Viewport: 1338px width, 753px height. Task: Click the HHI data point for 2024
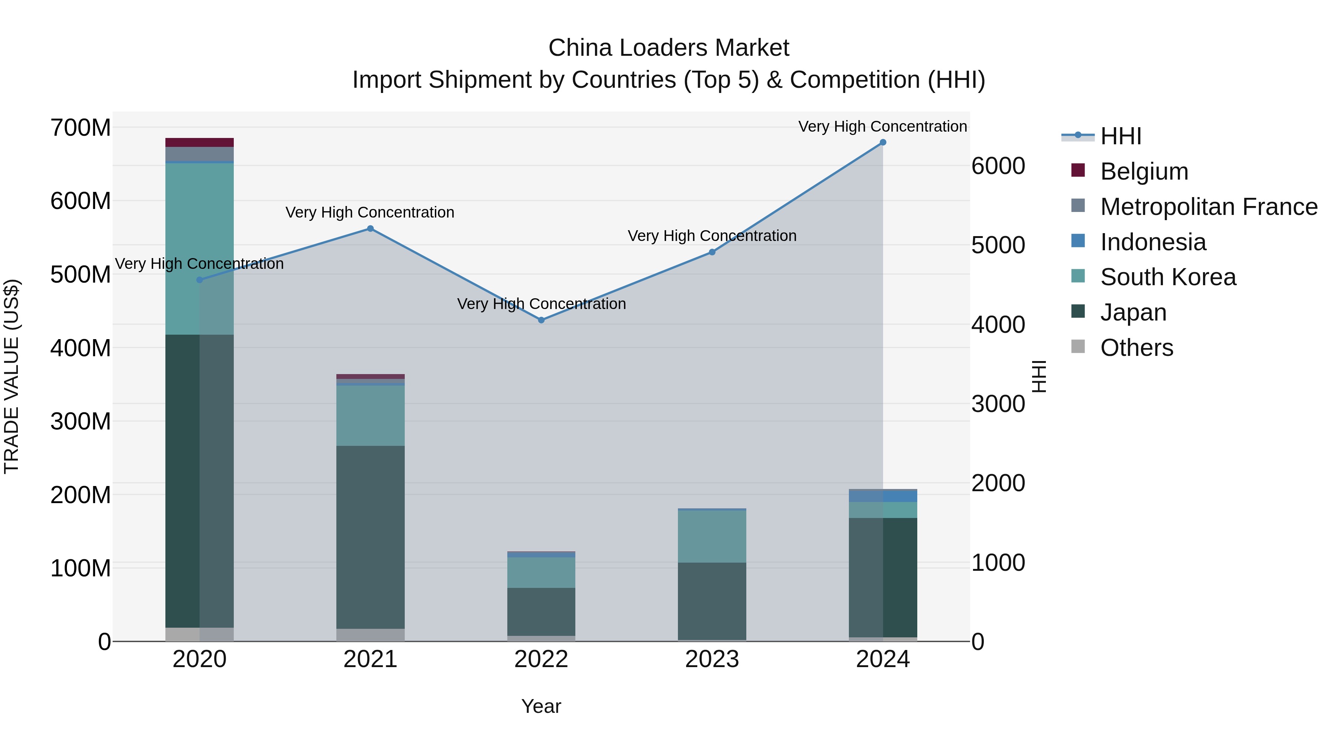882,142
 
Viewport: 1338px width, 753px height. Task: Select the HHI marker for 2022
541,320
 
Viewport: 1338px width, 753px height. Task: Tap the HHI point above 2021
370,229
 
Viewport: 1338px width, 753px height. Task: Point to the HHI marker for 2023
712,252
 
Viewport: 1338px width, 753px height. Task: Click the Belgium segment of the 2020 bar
200,142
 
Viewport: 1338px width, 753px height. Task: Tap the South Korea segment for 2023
712,536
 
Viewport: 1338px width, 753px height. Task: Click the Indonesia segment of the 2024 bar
882,496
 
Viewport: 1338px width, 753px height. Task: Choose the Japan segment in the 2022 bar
541,612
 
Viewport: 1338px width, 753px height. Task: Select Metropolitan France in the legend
1209,207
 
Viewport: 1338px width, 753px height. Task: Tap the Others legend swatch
1078,347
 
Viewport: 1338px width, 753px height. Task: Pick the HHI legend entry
1120,136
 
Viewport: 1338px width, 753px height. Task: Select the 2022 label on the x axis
541,659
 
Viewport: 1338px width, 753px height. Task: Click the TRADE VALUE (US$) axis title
12,376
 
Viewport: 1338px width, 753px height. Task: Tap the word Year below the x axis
541,706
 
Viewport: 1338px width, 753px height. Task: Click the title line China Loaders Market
669,48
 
